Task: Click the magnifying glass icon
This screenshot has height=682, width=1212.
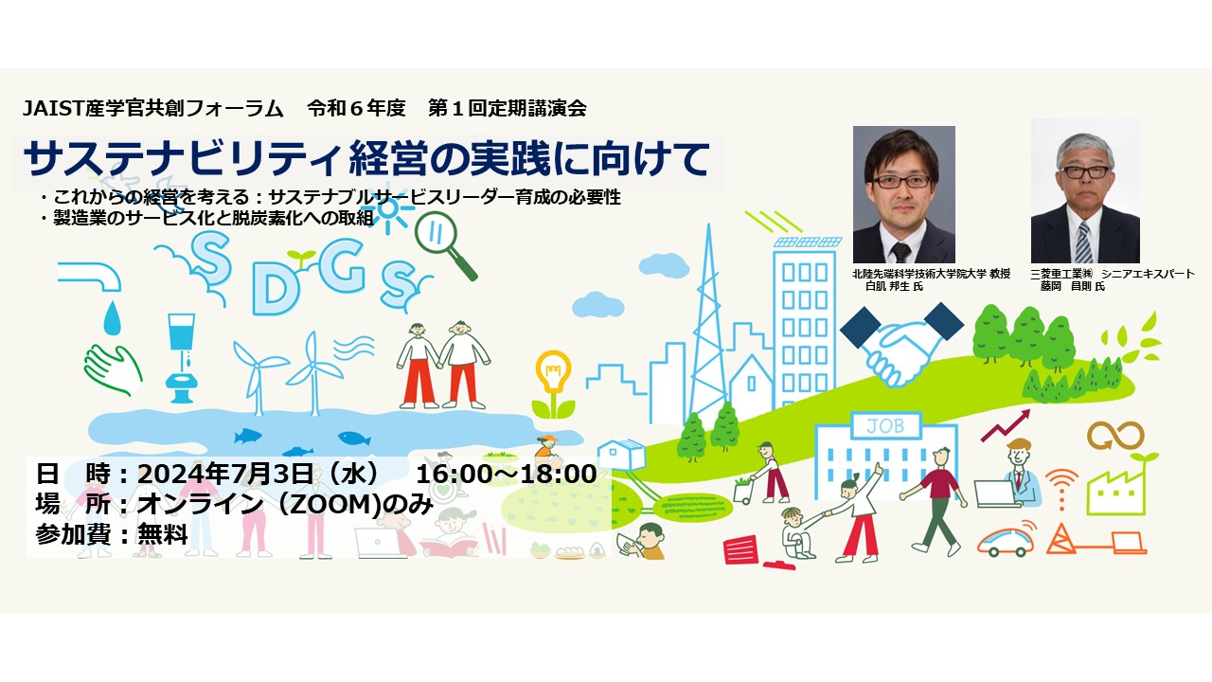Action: (x=445, y=245)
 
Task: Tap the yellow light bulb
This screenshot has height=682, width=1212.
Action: (x=553, y=372)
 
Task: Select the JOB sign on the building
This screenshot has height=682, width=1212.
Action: (x=885, y=425)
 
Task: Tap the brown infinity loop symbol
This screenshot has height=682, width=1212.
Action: (x=1115, y=436)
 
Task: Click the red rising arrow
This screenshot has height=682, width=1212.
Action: (x=1006, y=425)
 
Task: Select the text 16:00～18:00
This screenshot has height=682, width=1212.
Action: (x=506, y=474)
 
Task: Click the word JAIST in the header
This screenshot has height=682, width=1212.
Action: (x=53, y=109)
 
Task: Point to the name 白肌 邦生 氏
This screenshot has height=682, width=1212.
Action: (x=894, y=286)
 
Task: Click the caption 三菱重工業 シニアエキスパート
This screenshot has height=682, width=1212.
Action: (x=1113, y=275)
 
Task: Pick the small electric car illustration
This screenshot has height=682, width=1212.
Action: (x=1006, y=540)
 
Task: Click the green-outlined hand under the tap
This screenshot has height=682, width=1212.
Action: (x=113, y=369)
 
